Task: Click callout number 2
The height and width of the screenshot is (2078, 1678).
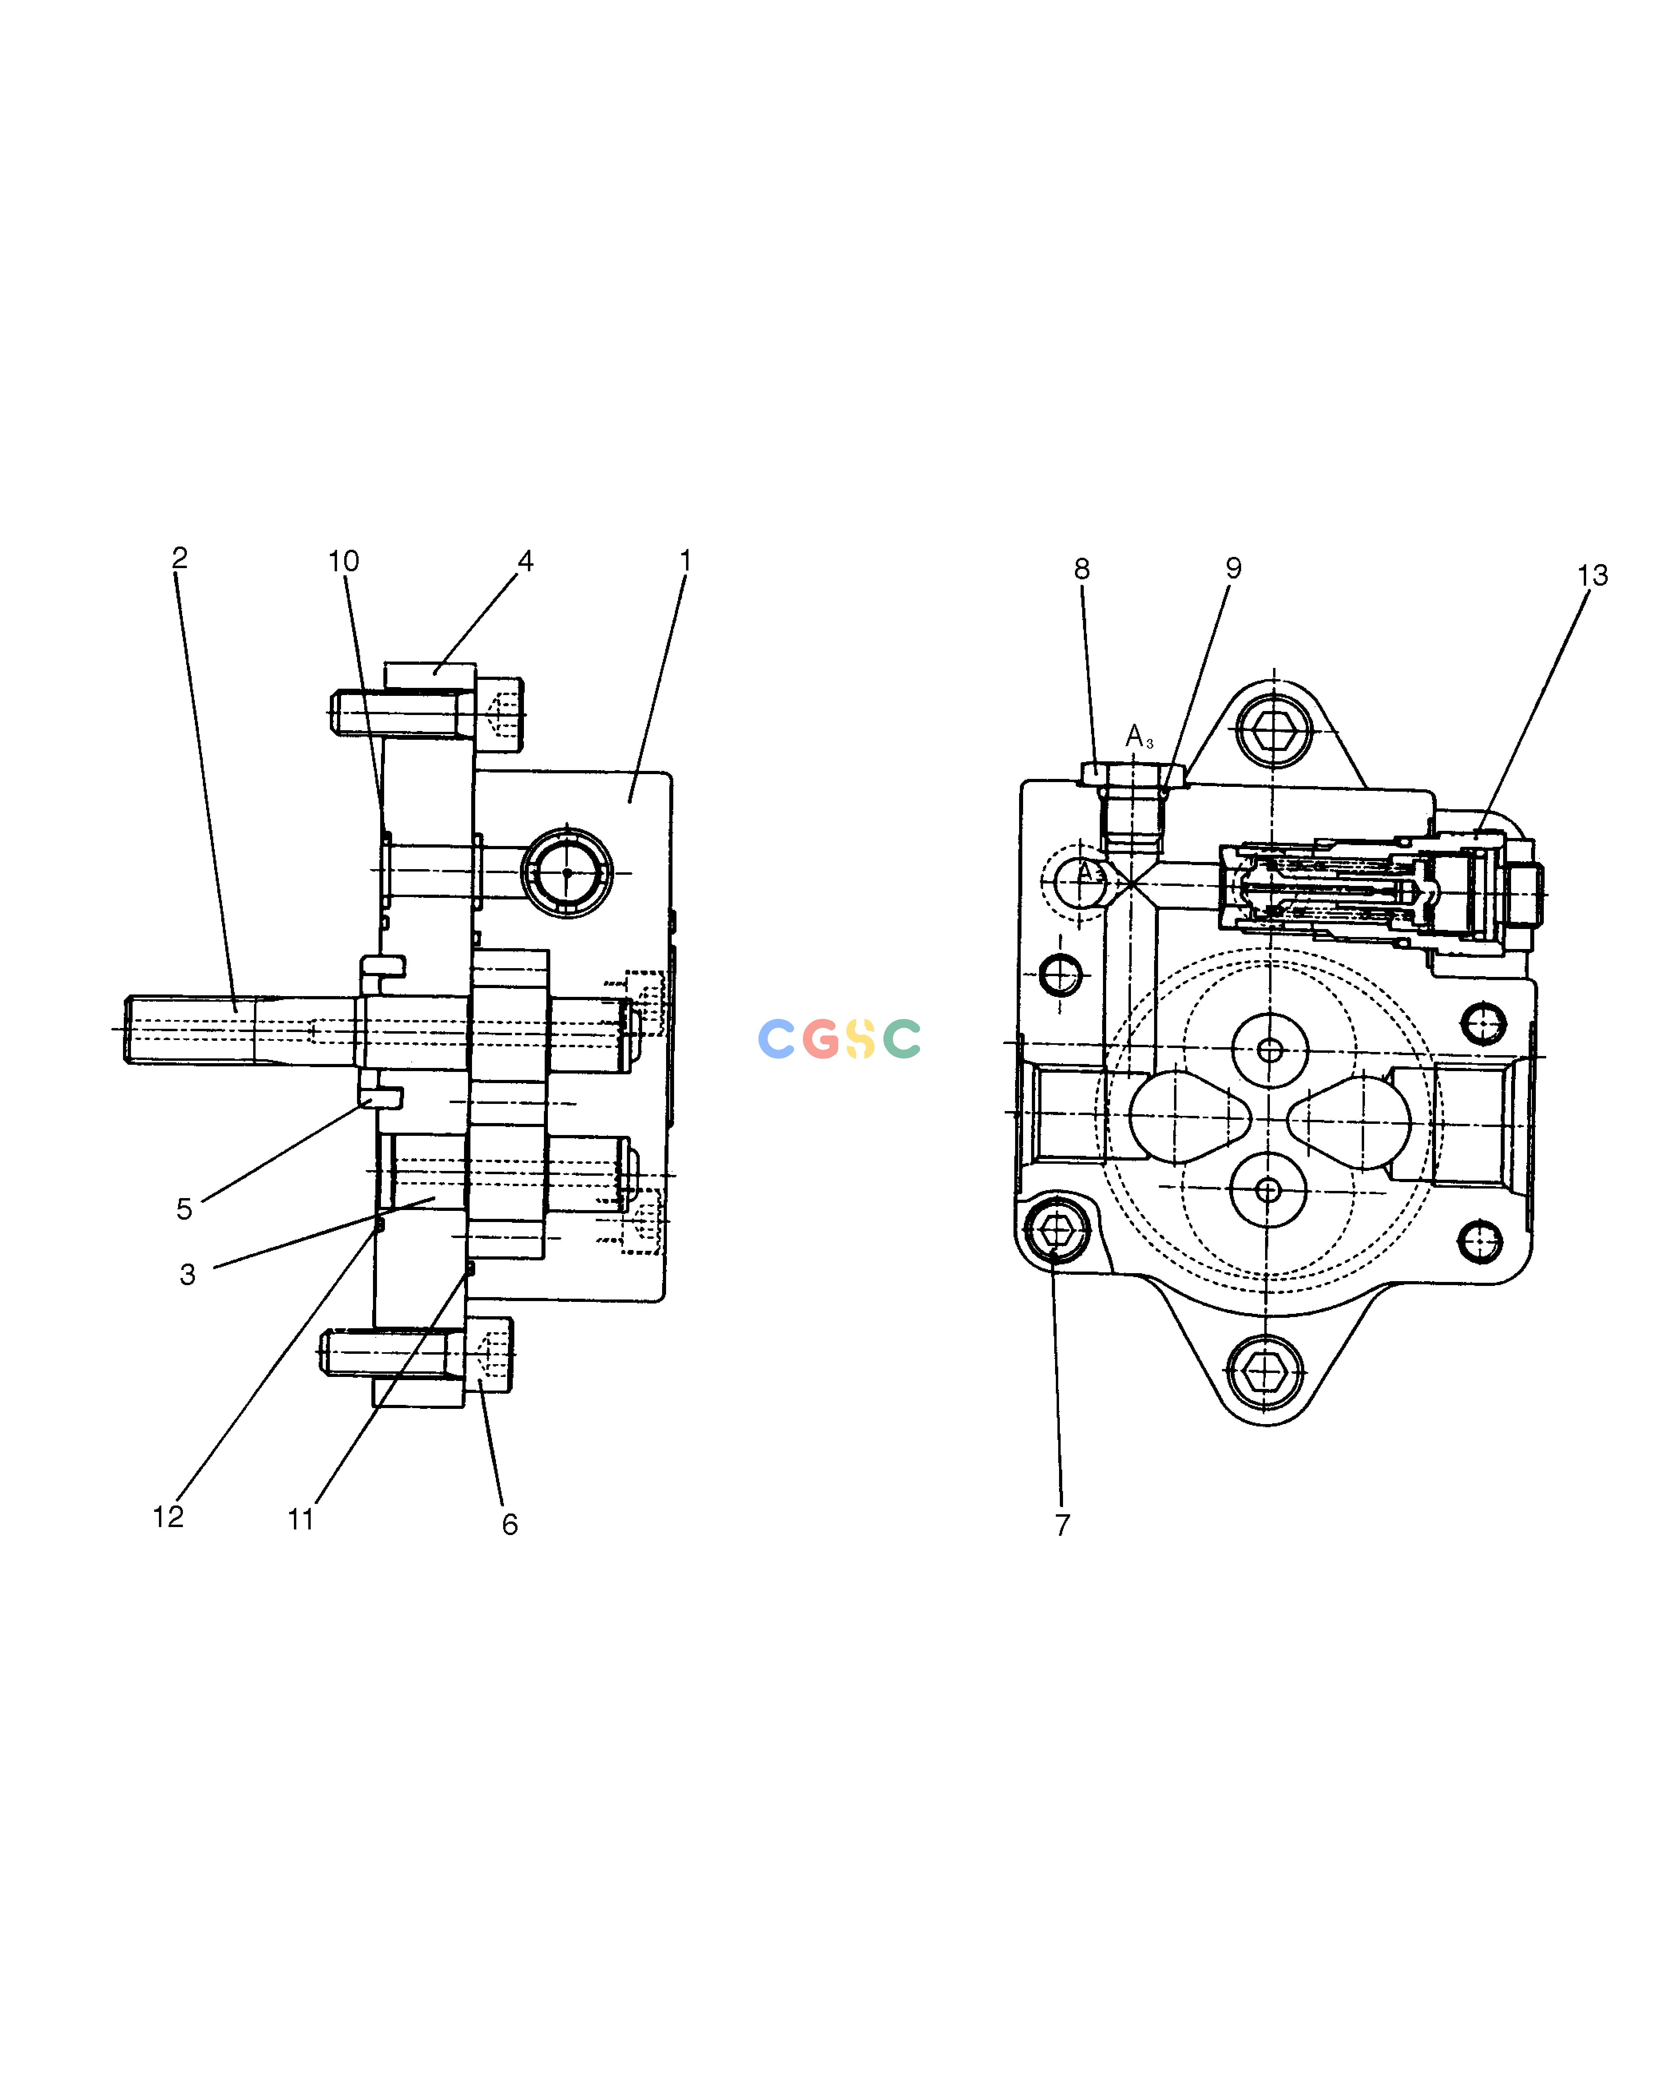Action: click(180, 558)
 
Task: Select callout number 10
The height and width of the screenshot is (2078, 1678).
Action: click(343, 562)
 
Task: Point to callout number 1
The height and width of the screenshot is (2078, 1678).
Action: click(685, 561)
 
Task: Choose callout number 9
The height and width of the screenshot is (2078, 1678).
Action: click(1234, 569)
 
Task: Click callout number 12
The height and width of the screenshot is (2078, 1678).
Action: click(168, 1516)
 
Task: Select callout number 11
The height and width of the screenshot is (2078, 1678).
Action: click(301, 1519)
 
